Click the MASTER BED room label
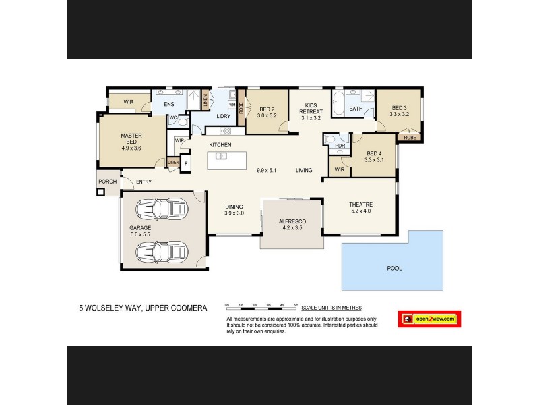(131, 142)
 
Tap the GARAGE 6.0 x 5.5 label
(140, 232)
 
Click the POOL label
(394, 268)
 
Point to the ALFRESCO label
(292, 225)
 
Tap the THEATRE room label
(360, 208)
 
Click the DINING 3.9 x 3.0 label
(234, 209)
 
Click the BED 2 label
(267, 112)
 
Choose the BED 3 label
(400, 111)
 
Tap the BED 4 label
(373, 157)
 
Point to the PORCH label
(107, 182)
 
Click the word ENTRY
(144, 182)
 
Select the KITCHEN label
(220, 145)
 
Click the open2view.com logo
(429, 318)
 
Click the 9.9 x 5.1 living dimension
(268, 170)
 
